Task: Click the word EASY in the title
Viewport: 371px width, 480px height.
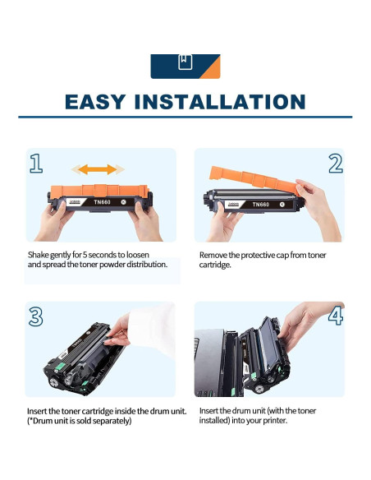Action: [95, 102]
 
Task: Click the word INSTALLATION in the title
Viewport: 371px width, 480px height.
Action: [220, 102]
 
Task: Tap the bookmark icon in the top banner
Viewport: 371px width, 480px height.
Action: [185, 62]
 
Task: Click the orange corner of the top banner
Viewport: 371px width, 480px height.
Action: [212, 70]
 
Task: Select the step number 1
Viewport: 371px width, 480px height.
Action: [36, 164]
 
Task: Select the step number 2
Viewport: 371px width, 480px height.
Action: [336, 164]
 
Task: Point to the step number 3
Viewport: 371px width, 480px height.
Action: [36, 316]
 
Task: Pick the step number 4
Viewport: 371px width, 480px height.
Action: [336, 316]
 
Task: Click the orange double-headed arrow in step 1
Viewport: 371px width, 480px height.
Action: [98, 169]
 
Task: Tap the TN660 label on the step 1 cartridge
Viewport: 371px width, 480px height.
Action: [102, 202]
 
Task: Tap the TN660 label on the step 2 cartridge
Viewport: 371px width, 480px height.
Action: [261, 204]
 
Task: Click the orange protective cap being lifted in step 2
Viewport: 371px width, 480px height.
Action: [254, 180]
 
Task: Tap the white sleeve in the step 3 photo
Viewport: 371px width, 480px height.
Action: [152, 328]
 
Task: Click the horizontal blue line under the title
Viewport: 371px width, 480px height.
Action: [185, 117]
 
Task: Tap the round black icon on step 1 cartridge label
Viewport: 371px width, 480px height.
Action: [123, 202]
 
